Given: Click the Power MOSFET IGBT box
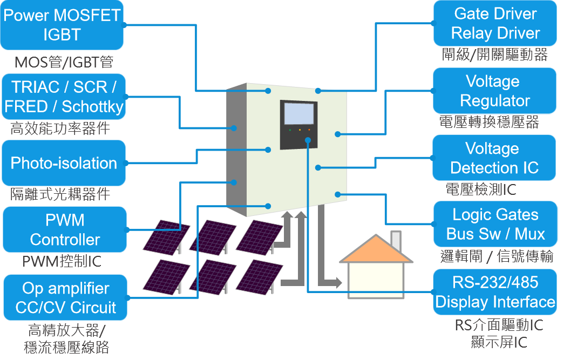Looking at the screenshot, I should [62, 25].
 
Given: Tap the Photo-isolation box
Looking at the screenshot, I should [64, 163].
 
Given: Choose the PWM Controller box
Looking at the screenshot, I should [65, 230].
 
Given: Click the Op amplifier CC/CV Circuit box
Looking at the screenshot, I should [65, 298].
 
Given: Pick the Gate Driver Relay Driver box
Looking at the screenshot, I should [495, 24].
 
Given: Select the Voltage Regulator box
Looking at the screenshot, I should [494, 91].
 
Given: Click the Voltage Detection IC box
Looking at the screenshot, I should [494, 158].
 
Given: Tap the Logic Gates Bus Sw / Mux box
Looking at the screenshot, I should [495, 224].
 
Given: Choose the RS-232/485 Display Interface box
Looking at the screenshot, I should [495, 292].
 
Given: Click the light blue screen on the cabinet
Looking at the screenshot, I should [299, 114].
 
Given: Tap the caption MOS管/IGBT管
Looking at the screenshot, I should [63, 62].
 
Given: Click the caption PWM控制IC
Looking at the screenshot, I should [62, 262].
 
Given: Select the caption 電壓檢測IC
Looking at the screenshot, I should [481, 189].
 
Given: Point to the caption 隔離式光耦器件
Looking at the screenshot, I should [60, 194].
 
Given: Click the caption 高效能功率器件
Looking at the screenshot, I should [60, 128].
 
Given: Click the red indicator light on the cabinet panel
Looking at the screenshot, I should [309, 130].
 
